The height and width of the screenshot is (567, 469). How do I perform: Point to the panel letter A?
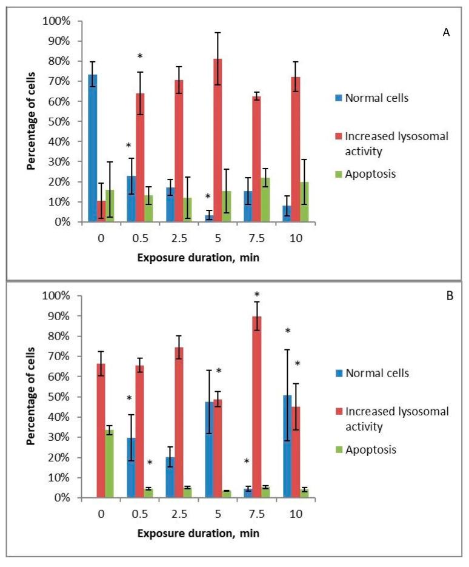[446, 32]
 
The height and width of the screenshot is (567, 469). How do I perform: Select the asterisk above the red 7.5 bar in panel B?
[256, 295]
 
